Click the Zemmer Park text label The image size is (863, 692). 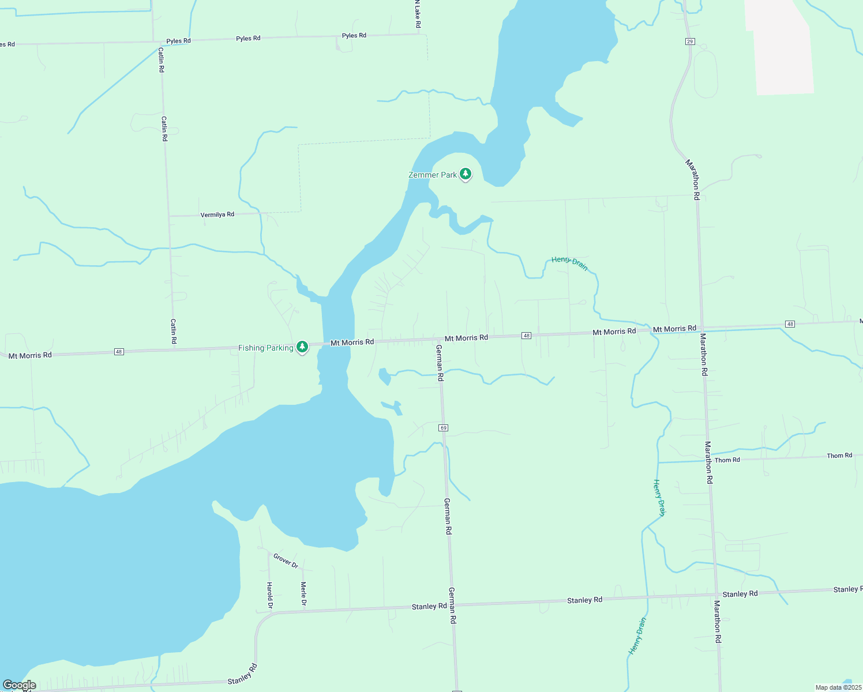432,175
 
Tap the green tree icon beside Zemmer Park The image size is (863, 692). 466,174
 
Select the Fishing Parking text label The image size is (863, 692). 265,348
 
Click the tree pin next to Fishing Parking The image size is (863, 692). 302,347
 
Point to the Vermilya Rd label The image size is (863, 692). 217,215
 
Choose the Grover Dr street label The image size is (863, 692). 286,561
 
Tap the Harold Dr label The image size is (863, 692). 269,595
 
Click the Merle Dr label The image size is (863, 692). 303,595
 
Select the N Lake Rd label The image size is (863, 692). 418,14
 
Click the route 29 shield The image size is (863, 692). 690,42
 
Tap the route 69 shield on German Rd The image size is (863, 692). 443,428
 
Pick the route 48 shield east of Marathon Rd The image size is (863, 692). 790,324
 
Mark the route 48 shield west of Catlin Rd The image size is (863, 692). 119,351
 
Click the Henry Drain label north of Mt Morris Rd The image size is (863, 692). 569,263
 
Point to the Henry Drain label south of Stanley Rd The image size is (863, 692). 637,636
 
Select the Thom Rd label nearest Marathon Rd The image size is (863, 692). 727,460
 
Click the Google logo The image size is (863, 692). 19,685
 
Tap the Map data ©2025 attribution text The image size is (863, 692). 838,687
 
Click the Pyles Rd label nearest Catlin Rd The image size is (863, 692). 178,41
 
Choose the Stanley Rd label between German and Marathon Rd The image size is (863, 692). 584,600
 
